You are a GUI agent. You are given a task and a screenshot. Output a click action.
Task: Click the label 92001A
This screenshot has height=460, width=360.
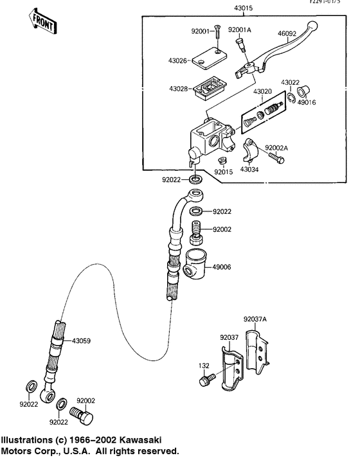click(x=239, y=29)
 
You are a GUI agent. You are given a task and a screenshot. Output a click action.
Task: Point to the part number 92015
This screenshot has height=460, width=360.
click(x=223, y=172)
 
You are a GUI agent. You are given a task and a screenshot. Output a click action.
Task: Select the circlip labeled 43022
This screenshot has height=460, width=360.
click(x=291, y=96)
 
